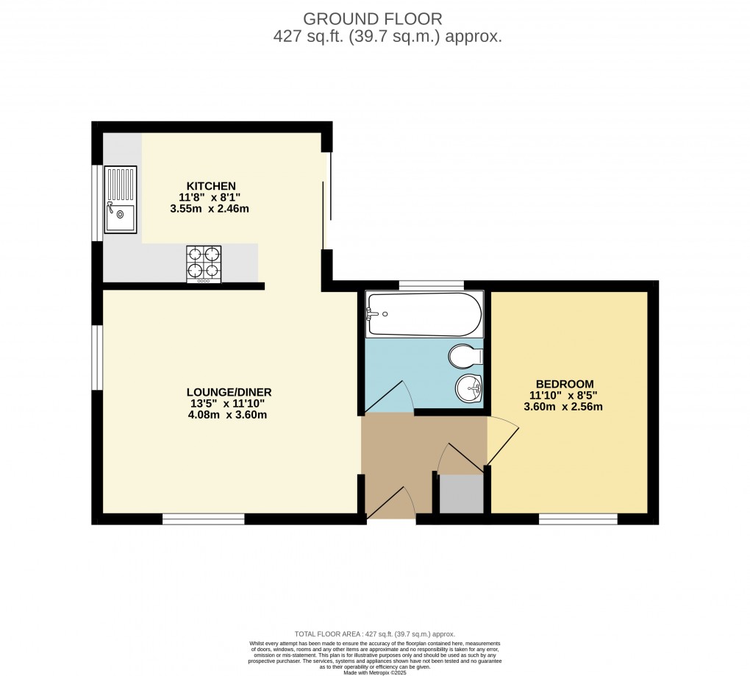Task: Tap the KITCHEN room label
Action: [210, 185]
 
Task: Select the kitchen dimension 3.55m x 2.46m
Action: [210, 209]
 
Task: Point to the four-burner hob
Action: [204, 263]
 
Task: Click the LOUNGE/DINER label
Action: [224, 391]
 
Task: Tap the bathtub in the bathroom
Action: [424, 314]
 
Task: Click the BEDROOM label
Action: [564, 384]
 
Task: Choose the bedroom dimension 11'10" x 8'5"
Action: [564, 395]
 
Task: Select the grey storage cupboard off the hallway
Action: [462, 494]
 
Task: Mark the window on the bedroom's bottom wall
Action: [578, 519]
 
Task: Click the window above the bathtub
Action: [431, 285]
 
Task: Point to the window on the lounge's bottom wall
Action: [203, 519]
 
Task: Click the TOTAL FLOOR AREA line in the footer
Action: [374, 634]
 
